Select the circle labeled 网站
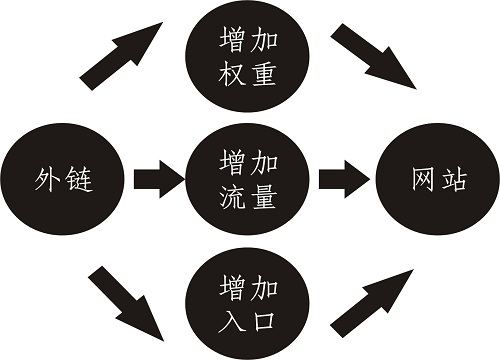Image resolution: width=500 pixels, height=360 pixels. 432,181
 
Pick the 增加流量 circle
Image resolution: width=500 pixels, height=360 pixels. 247,180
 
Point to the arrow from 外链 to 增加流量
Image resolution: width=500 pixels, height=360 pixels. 157,181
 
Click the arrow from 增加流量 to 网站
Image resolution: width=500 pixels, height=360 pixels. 341,181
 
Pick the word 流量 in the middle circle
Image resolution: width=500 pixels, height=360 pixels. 247,198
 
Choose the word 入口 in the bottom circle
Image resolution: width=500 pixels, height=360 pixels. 247,322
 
